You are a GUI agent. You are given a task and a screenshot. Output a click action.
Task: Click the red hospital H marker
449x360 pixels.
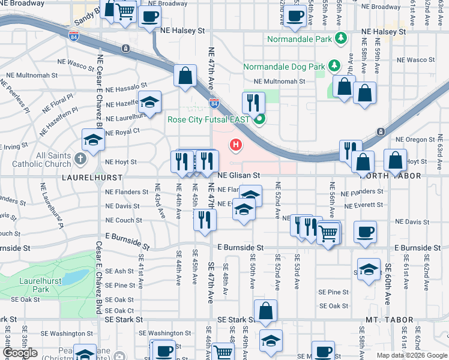click(237, 145)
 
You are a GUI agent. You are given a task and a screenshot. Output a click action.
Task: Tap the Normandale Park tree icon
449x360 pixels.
click(341, 38)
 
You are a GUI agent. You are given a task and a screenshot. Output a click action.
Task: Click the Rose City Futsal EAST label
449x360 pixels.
click(208, 119)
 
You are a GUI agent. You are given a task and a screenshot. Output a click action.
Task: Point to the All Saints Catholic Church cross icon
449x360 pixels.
click(81, 159)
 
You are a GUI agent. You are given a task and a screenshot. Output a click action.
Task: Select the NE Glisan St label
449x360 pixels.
click(238, 175)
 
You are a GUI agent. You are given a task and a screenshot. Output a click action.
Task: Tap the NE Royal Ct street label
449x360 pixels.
click(122, 131)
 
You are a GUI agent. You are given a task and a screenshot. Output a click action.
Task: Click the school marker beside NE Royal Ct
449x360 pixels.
click(93, 140)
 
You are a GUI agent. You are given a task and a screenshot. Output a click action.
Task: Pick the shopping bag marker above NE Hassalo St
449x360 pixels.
click(185, 76)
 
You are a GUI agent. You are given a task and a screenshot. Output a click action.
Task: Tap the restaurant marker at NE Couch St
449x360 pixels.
click(204, 220)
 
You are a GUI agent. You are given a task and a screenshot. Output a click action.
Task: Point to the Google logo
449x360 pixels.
click(20, 353)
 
